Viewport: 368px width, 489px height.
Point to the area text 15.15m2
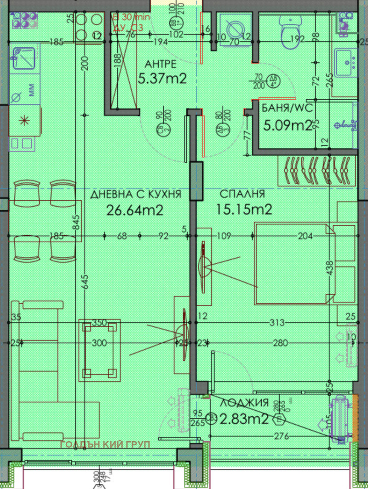[244, 210]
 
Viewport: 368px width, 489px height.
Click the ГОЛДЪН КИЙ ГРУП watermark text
[105, 445]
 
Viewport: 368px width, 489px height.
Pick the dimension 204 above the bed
[305, 236]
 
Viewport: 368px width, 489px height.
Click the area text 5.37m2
[162, 79]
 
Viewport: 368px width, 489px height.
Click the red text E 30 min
[132, 17]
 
